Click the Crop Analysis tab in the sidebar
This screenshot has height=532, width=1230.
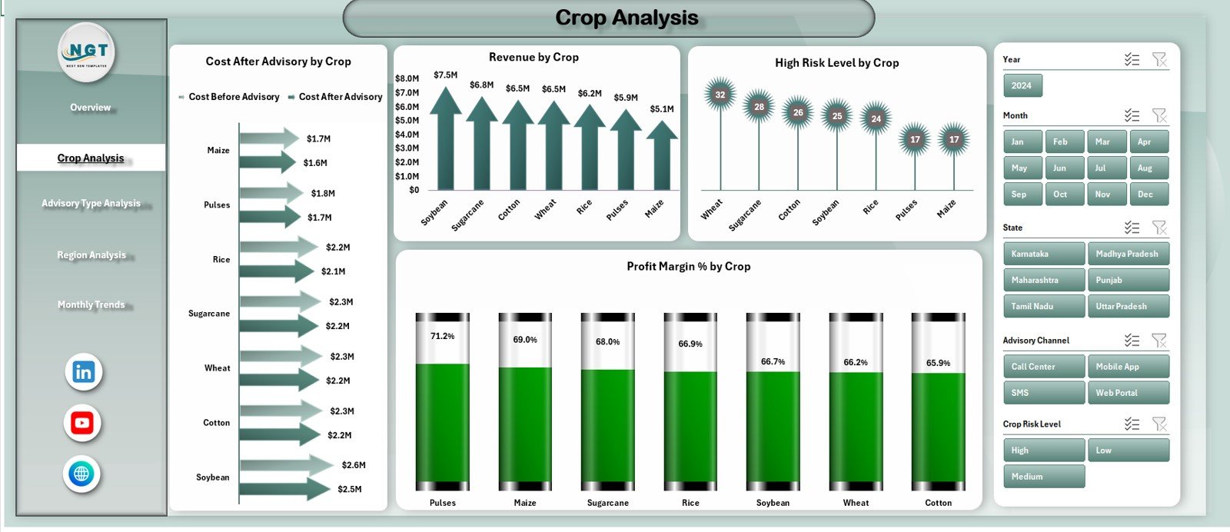91,158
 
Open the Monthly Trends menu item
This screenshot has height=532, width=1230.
91,304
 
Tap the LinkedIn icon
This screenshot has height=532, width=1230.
83,372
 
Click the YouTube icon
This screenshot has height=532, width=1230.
82,423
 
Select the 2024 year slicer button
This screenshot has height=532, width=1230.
1022,85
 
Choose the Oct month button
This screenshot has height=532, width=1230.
1060,194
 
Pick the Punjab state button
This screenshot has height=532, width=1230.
1128,280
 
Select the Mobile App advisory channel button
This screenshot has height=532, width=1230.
1128,367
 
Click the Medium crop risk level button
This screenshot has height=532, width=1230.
1043,477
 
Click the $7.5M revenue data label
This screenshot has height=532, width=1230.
445,75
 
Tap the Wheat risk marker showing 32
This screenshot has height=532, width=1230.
720,95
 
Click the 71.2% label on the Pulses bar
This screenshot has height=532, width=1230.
442,336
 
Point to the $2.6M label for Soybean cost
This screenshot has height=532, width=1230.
354,465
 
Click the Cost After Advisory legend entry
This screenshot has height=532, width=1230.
340,97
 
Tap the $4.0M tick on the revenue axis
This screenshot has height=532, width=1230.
407,135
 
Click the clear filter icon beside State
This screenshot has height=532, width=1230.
1159,228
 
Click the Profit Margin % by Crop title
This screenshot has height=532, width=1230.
688,266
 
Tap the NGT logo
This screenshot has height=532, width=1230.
87,52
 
